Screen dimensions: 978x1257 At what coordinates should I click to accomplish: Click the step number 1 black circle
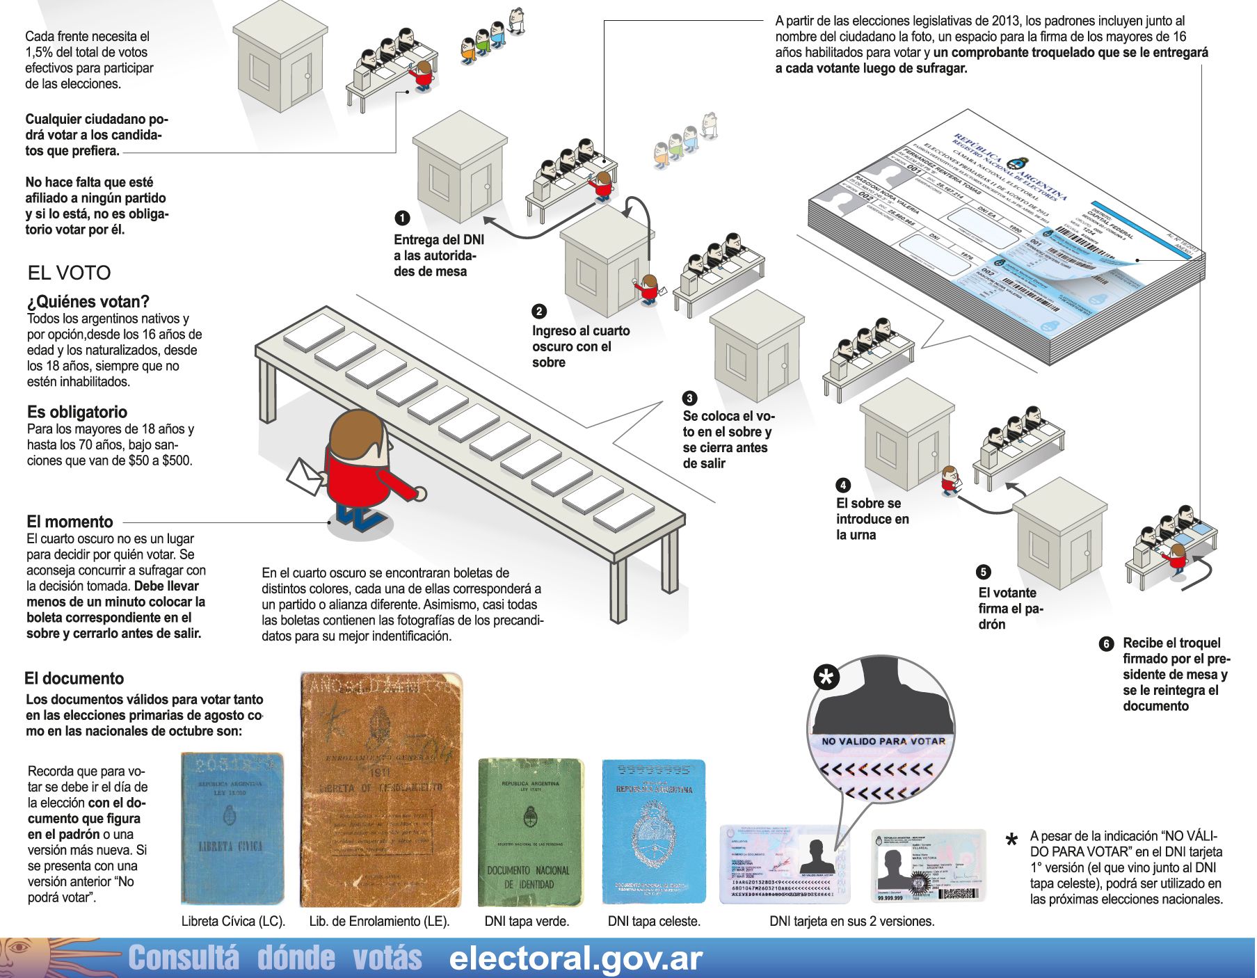click(x=402, y=218)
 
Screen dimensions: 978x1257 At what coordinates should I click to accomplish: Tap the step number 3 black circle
click(x=689, y=399)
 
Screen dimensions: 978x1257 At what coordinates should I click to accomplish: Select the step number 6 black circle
click(x=1106, y=644)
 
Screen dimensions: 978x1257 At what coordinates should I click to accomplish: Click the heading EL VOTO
click(x=69, y=273)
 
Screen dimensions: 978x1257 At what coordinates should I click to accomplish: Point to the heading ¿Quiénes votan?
click(x=88, y=302)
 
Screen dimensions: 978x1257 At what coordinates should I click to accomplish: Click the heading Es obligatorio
click(x=77, y=412)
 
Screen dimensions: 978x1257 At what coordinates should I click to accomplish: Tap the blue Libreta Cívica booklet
click(x=232, y=828)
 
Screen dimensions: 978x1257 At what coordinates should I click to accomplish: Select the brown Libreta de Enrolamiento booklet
click(x=381, y=790)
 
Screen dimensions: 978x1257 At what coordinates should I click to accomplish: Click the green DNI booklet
click(x=530, y=832)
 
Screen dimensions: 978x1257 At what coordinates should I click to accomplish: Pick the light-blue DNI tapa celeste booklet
click(x=653, y=832)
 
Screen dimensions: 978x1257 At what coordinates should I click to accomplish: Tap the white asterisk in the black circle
click(x=826, y=677)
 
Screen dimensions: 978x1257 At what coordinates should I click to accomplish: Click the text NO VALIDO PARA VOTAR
click(x=883, y=741)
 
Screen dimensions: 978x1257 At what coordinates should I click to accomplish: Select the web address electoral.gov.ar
click(x=575, y=959)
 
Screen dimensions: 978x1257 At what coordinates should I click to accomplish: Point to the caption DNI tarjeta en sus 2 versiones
click(x=851, y=922)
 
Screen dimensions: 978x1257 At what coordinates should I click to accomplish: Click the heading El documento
click(x=74, y=679)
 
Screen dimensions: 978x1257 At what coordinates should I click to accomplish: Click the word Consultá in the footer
click(x=184, y=959)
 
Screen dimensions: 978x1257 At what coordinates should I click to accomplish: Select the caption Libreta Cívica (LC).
click(x=233, y=922)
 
